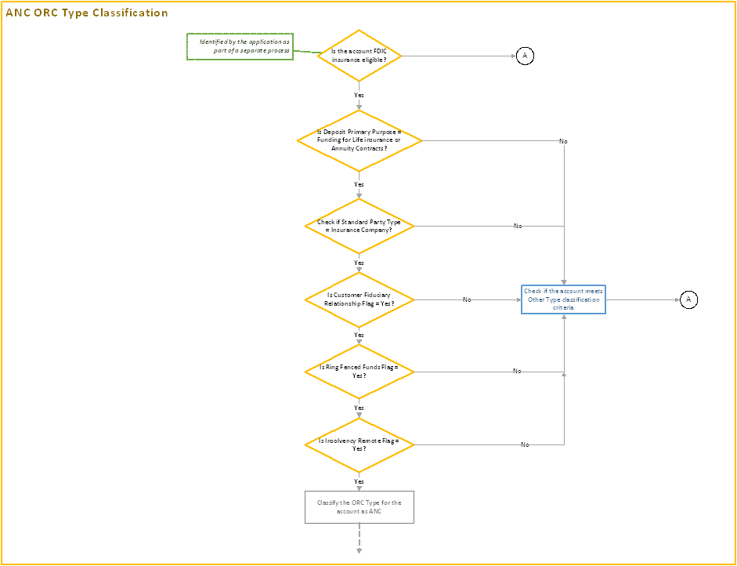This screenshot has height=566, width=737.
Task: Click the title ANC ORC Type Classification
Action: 87,13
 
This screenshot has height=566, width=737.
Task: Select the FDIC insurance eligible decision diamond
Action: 359,56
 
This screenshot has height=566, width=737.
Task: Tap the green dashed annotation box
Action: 240,47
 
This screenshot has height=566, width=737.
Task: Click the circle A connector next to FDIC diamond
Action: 526,56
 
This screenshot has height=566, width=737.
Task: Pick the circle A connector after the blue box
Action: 688,299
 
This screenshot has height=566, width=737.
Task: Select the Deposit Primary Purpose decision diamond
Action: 359,140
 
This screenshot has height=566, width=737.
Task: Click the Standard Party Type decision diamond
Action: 359,226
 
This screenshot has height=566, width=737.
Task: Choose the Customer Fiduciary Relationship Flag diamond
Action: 359,299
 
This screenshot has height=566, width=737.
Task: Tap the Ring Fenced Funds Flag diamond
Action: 359,371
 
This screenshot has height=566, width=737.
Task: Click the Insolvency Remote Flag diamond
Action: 359,444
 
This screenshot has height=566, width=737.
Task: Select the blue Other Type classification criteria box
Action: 563,299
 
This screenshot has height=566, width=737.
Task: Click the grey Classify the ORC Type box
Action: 359,506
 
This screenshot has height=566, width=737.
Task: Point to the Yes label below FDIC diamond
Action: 359,95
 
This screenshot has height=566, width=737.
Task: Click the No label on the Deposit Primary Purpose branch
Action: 563,141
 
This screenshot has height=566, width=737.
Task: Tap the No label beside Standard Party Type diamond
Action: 518,226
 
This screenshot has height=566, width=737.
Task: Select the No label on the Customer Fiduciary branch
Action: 467,299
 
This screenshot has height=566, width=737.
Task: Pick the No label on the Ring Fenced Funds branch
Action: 517,371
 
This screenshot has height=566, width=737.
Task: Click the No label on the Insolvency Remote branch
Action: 525,444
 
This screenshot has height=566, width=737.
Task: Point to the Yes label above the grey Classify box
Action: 359,481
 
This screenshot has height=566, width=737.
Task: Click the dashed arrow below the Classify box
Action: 359,539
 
